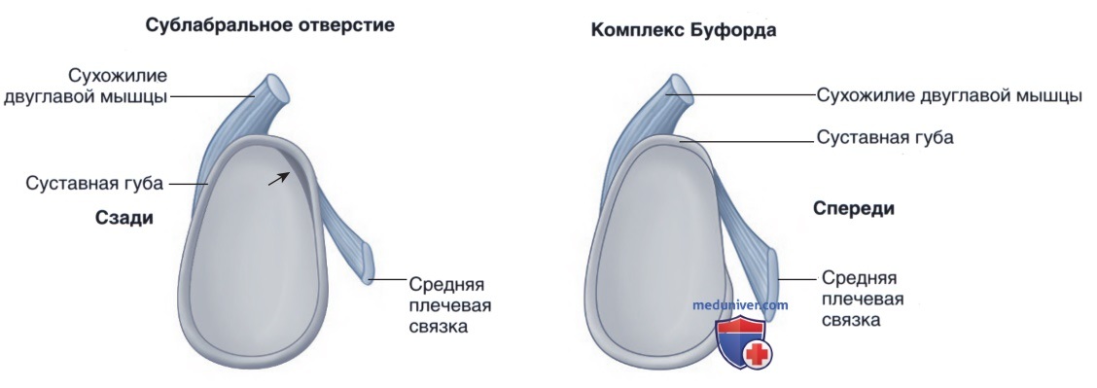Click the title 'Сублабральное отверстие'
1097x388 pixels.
[x=270, y=26]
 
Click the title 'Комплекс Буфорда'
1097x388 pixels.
[x=684, y=31]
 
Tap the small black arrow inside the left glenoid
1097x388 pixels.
[x=277, y=179]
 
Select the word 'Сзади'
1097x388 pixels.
[x=124, y=218]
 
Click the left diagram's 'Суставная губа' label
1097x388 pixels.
[x=94, y=185]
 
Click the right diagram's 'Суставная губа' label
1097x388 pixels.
[x=885, y=138]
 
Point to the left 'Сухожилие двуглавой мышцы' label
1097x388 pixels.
[x=86, y=86]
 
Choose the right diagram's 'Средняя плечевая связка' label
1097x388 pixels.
[x=862, y=300]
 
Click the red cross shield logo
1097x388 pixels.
[x=741, y=342]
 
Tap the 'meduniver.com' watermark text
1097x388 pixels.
[x=740, y=304]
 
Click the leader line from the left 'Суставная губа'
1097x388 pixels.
[x=188, y=185]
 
